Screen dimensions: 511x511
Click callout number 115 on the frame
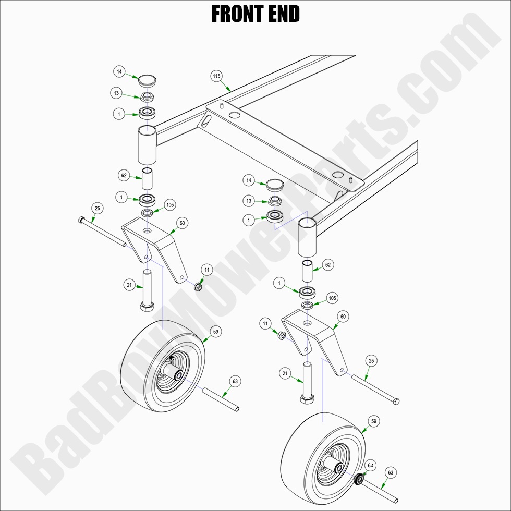click(x=217, y=76)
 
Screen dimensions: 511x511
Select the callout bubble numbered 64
click(x=371, y=465)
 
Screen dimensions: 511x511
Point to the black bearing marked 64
click(x=359, y=479)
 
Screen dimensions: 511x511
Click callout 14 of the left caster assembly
click(x=119, y=71)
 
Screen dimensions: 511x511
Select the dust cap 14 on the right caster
click(x=274, y=185)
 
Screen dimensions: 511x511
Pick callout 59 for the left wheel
click(x=214, y=331)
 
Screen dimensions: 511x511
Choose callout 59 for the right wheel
click(x=373, y=421)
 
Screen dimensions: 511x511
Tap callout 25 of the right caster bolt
click(x=372, y=361)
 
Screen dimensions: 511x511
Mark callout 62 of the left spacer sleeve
click(x=124, y=176)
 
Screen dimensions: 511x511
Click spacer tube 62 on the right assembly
click(x=308, y=271)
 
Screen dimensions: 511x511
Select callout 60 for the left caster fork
click(x=182, y=223)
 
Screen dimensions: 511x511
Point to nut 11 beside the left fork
click(x=198, y=286)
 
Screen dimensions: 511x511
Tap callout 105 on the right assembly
click(x=332, y=298)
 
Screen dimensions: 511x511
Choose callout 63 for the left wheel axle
click(x=235, y=382)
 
